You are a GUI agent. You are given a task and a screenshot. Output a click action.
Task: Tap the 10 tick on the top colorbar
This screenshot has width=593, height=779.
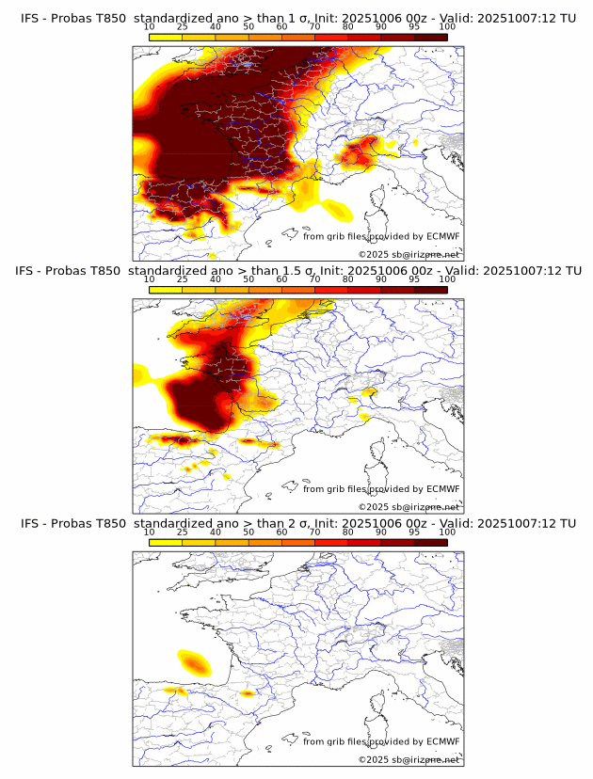click(x=150, y=26)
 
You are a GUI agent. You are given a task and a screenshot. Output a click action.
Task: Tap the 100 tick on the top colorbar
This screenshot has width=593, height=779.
click(x=447, y=26)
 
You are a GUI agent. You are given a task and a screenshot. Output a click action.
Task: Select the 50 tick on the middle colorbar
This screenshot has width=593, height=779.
click(x=248, y=279)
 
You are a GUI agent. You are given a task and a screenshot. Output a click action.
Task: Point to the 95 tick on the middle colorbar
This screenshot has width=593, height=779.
click(x=414, y=279)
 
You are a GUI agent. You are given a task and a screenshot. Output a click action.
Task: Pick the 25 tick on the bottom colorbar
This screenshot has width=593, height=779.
click(x=183, y=532)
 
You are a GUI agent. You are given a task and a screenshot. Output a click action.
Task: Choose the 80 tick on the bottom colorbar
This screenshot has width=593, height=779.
click(x=348, y=532)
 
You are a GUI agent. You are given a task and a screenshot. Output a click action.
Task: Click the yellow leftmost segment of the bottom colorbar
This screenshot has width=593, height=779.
click(x=166, y=542)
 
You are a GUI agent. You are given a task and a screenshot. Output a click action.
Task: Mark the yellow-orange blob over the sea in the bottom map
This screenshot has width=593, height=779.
click(x=193, y=662)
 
